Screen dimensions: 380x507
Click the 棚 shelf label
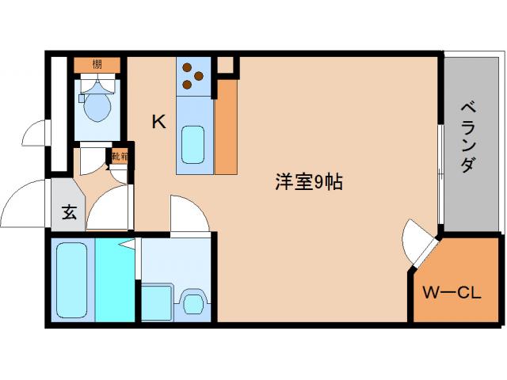tap(96, 64)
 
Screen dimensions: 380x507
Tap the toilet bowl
tap(96, 107)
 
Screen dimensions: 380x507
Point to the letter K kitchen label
tap(158, 122)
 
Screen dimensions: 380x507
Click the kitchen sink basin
tap(193, 142)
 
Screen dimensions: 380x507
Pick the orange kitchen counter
tap(226, 127)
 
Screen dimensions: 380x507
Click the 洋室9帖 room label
tap(308, 183)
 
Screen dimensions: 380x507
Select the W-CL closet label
tap(452, 294)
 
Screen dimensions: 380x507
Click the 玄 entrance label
tap(69, 212)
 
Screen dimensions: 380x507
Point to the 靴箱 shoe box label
tap(120, 157)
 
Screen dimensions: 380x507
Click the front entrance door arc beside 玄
tap(28, 204)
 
